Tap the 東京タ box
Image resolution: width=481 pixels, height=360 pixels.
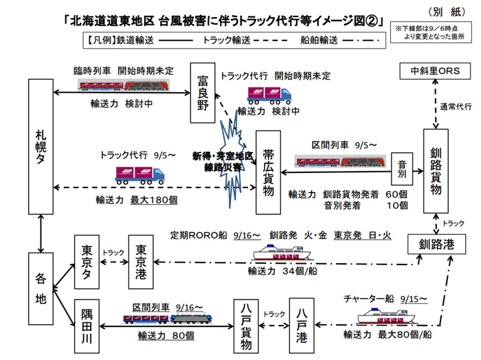tap(87, 262)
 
